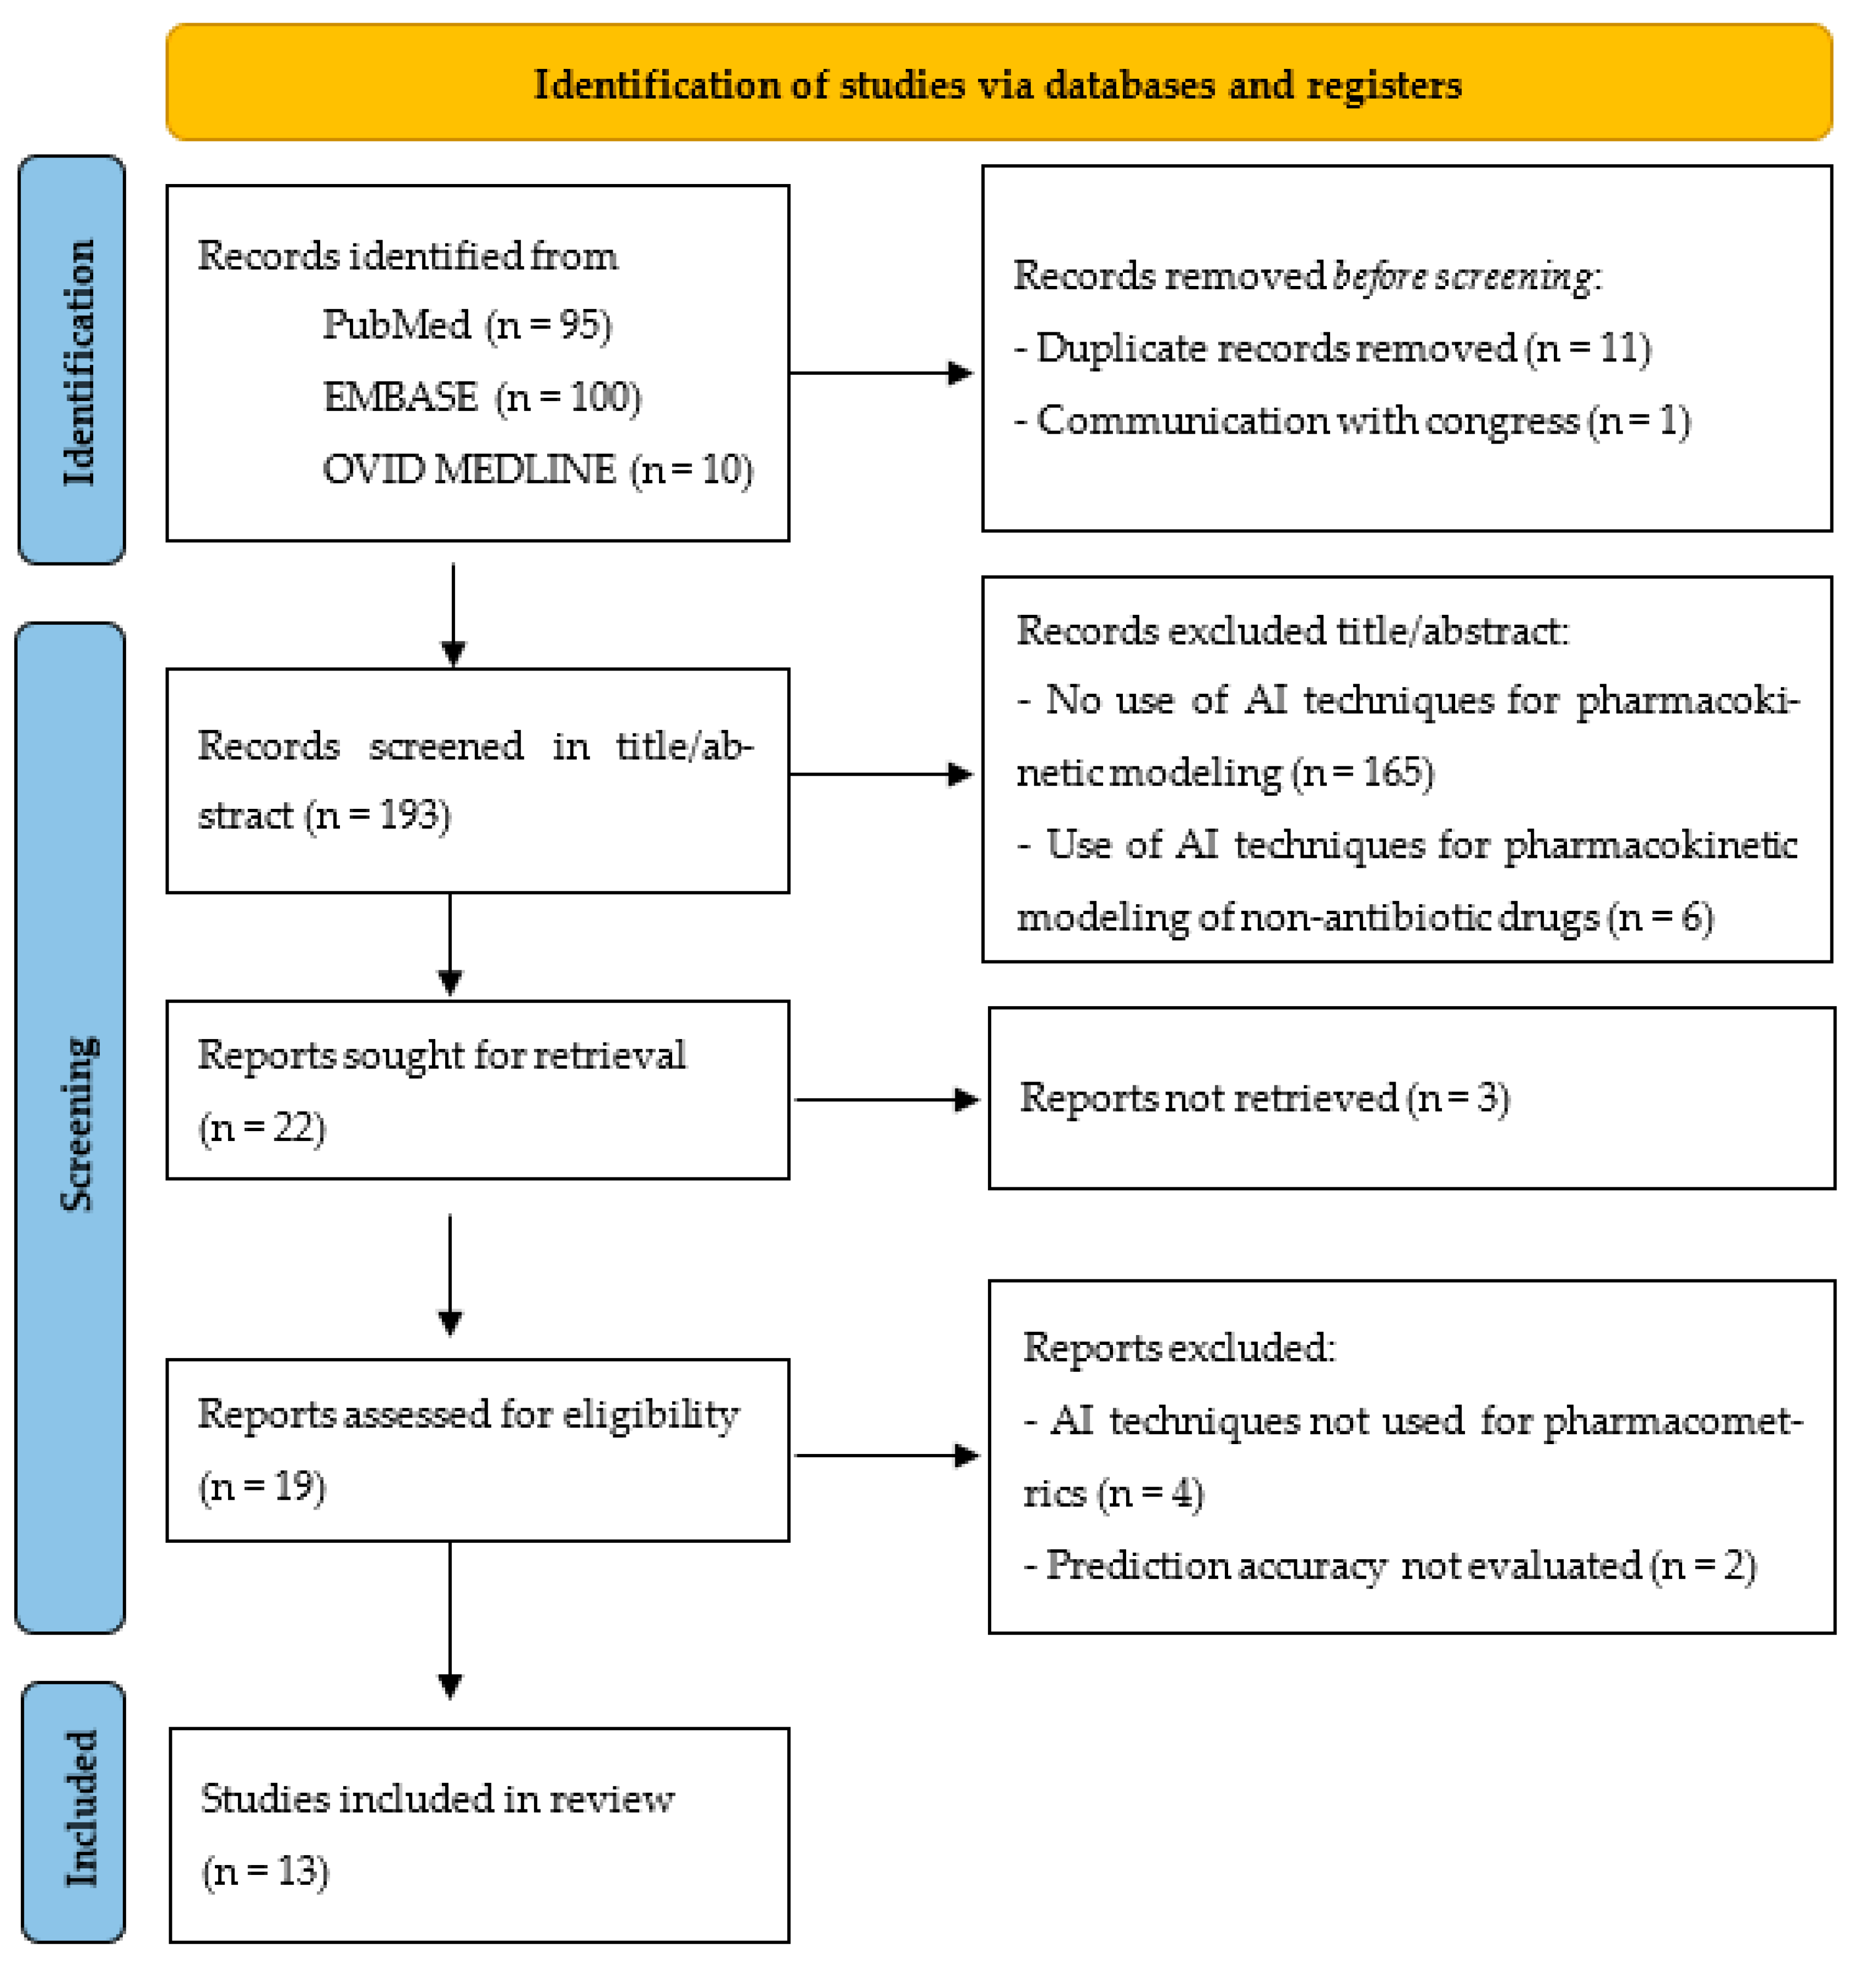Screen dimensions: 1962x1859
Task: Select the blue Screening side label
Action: (71, 1125)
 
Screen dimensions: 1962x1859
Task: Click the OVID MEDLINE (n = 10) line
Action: (537, 469)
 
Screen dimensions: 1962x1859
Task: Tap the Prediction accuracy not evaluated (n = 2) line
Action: (1390, 1566)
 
